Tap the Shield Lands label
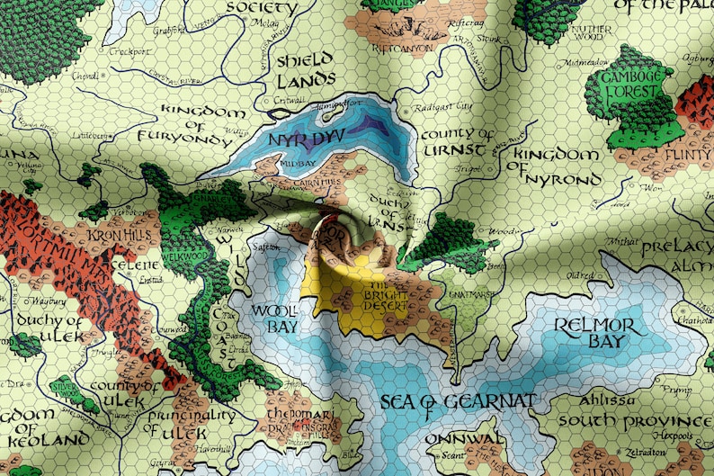coord(304,70)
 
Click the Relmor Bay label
coord(594,332)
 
